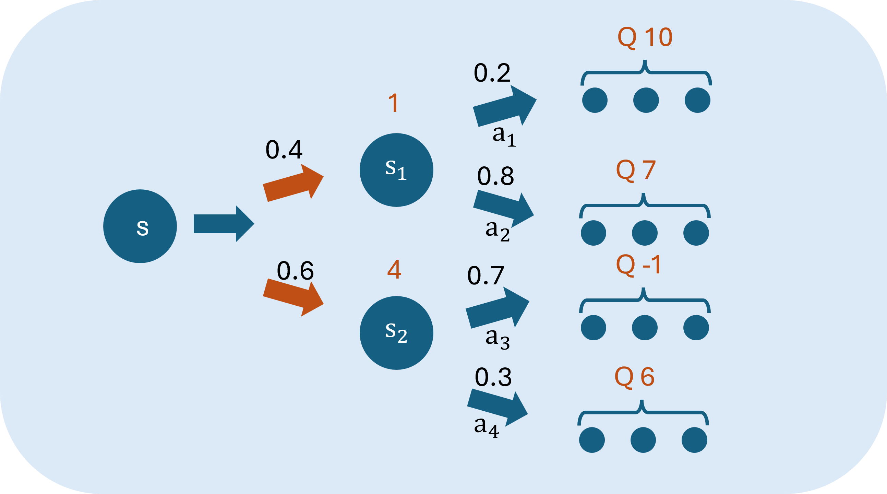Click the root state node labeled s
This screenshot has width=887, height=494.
click(140, 226)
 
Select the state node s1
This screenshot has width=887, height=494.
click(396, 170)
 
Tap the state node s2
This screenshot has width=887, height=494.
click(396, 333)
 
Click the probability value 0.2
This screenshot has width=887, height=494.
click(492, 73)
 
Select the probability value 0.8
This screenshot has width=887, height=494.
click(495, 176)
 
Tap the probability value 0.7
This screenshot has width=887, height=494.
click(486, 275)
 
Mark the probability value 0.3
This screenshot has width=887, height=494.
click(493, 377)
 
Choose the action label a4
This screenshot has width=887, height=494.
click(486, 426)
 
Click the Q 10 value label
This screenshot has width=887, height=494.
click(645, 37)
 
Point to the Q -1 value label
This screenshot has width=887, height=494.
click(638, 265)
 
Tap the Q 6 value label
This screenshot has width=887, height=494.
click(634, 377)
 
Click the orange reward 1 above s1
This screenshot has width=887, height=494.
click(393, 103)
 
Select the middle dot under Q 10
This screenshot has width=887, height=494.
click(646, 100)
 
